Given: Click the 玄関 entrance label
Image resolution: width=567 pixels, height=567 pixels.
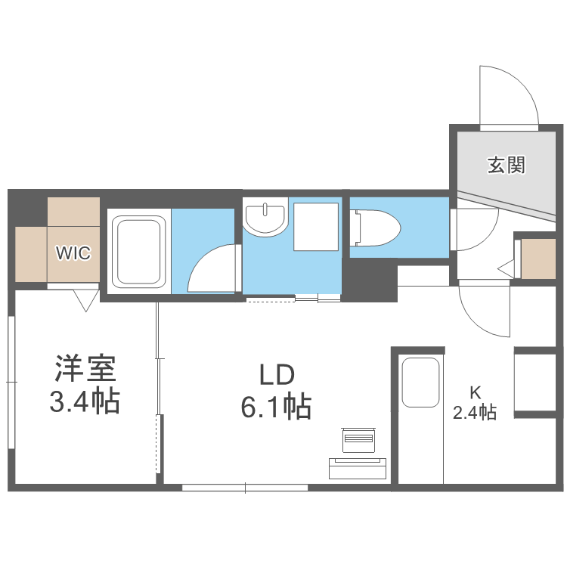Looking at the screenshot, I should tap(505, 163).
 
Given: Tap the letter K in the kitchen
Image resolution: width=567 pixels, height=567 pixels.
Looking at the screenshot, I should tap(475, 392).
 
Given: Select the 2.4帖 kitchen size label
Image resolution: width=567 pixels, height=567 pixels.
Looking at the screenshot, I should tap(475, 413).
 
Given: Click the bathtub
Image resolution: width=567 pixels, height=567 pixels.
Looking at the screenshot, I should tap(139, 253).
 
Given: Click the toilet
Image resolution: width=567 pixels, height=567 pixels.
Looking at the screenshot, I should tap(376, 227).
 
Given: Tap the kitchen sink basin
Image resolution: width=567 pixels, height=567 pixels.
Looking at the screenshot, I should tap(421, 383).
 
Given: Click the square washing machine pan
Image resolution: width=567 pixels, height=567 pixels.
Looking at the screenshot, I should tap(315, 227).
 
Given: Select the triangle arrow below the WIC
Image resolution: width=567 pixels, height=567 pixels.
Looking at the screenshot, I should tap(85, 301).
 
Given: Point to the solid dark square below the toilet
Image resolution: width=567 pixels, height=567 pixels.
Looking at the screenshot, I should tap(371, 280).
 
